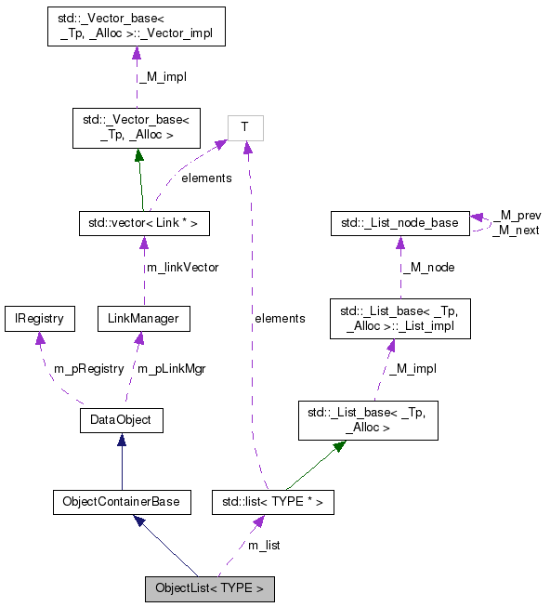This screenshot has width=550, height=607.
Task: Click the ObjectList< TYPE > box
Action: click(x=209, y=587)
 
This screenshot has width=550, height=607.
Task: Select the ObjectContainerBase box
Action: click(x=121, y=502)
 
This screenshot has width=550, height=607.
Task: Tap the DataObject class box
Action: click(x=122, y=420)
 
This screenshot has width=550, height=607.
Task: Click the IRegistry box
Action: click(x=38, y=319)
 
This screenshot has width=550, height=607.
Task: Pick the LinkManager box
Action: click(x=144, y=319)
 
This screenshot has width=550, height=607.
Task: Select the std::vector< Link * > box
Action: click(x=142, y=223)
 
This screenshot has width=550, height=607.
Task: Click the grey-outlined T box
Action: click(x=245, y=127)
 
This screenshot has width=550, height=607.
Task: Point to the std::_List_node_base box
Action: click(x=399, y=223)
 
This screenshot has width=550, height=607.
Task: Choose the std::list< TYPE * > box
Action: click(x=272, y=502)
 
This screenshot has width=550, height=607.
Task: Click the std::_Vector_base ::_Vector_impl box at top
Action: click(x=137, y=29)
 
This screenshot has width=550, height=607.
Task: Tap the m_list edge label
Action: click(x=263, y=545)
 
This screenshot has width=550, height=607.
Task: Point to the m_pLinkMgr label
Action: click(x=171, y=368)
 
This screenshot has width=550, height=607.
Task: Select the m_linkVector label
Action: click(x=182, y=268)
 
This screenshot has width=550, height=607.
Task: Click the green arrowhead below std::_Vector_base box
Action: click(x=137, y=154)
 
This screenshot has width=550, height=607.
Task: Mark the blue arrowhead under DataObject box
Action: click(x=122, y=439)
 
